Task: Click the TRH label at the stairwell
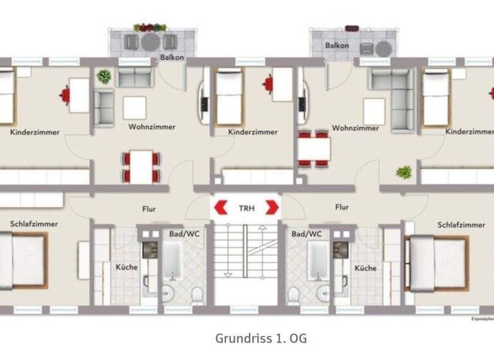(x=246, y=208)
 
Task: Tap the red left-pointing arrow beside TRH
(x=222, y=208)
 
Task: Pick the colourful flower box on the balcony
(x=149, y=28)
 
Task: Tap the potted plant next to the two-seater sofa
(x=104, y=77)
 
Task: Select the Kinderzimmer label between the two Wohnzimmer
(x=253, y=132)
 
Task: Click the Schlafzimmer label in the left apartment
(x=34, y=224)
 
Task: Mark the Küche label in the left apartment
(x=126, y=267)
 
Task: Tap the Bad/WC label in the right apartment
(x=306, y=235)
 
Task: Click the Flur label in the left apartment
(x=149, y=208)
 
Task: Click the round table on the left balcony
(x=150, y=42)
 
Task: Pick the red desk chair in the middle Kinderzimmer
(x=269, y=83)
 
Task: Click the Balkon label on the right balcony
(x=337, y=46)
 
